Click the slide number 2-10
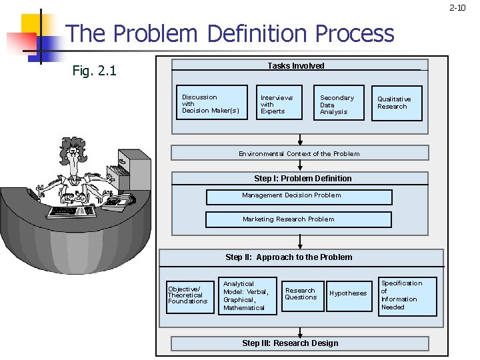457,8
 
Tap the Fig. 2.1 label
94,70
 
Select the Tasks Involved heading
296,65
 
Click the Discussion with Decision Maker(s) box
209,104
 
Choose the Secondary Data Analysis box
339,103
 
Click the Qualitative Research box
397,103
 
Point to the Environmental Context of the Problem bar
299,153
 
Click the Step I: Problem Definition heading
303,179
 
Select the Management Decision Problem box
299,196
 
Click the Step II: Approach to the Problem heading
289,257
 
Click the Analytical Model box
246,295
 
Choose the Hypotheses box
347,293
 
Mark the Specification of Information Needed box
407,295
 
